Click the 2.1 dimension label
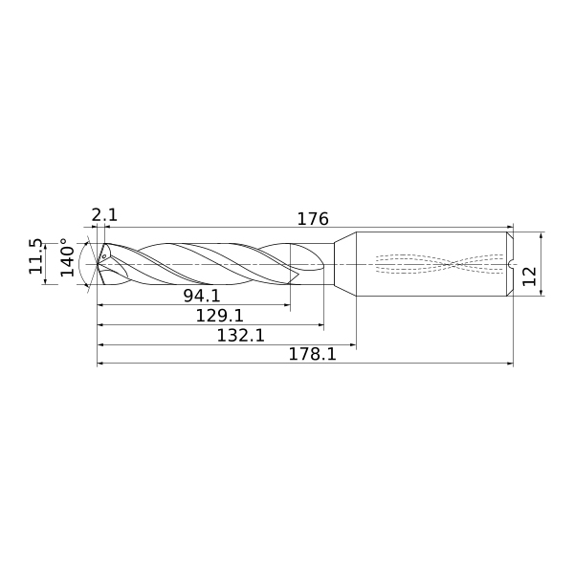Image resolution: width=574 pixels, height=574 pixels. tap(104, 215)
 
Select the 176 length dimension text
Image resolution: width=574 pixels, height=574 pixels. tap(313, 219)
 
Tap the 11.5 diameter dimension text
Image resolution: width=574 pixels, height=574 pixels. tap(36, 256)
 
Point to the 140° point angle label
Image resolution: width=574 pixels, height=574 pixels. tap(68, 257)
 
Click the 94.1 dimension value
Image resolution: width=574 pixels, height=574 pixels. tap(202, 296)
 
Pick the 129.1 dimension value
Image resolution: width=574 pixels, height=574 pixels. tap(220, 315)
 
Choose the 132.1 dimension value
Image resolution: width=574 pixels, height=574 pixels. tap(240, 335)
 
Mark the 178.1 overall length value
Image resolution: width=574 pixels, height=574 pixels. tap(312, 354)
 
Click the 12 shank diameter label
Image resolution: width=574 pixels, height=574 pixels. tap(529, 276)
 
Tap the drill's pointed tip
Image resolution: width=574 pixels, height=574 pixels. tap(98, 264)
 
